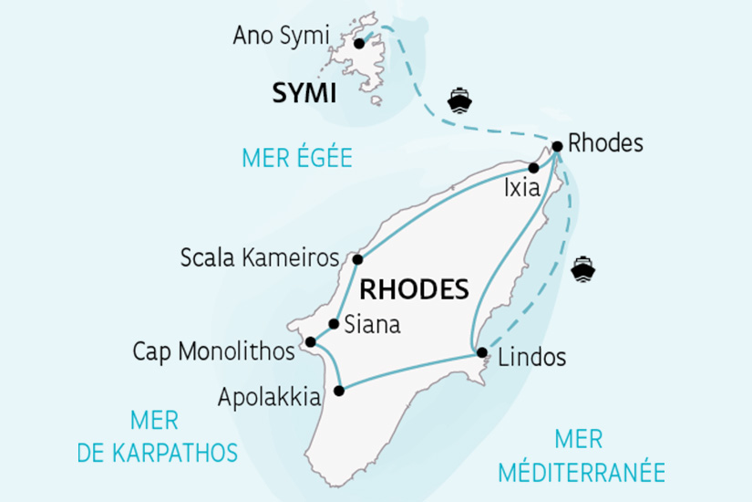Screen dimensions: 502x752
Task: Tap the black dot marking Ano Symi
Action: point(359,43)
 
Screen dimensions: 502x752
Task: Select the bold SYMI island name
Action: point(304,93)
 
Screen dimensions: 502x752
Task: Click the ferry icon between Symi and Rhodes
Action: point(459,99)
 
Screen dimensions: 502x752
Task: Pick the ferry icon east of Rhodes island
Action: point(582,268)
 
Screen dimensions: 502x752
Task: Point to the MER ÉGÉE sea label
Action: point(297,158)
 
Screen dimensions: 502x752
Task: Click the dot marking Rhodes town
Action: point(557,144)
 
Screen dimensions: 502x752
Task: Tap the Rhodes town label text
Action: point(605,143)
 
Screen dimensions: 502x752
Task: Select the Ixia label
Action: point(521,189)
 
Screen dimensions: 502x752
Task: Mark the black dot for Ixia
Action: point(534,168)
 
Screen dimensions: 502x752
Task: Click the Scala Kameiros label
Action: point(261,257)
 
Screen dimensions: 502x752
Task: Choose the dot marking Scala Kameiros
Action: point(358,259)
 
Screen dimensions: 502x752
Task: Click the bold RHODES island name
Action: point(415,290)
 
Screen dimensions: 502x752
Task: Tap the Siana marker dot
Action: point(335,324)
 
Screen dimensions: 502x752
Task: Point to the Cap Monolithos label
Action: point(213,350)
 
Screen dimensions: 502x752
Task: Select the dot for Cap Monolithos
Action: point(310,342)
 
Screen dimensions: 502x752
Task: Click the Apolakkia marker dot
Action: point(339,391)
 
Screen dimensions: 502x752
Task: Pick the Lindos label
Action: point(532,357)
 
